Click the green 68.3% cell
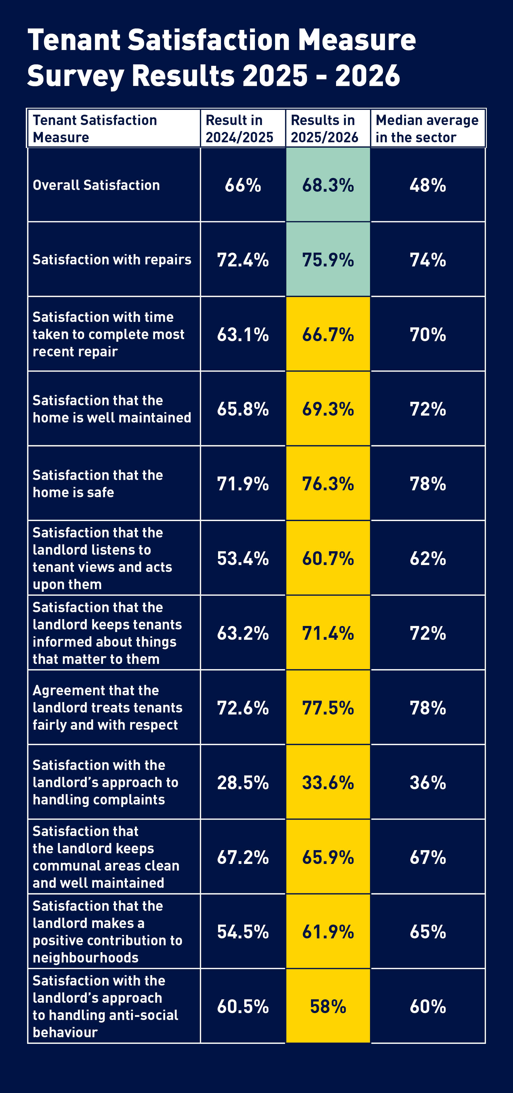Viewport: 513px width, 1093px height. pyautogui.click(x=328, y=185)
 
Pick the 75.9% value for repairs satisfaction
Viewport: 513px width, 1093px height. pyautogui.click(x=328, y=260)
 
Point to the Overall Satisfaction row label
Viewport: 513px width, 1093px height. pyautogui.click(x=96, y=185)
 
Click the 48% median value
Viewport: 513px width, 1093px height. pyautogui.click(x=428, y=185)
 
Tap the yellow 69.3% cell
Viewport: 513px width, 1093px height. pyautogui.click(x=328, y=409)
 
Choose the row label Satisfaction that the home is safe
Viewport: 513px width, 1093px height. pyautogui.click(x=98, y=484)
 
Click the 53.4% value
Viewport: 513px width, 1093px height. pyautogui.click(x=243, y=558)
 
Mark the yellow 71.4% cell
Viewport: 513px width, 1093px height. pyautogui.click(x=328, y=633)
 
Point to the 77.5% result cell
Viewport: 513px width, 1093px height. pyautogui.click(x=328, y=708)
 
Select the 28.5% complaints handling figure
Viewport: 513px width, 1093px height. pyautogui.click(x=243, y=782)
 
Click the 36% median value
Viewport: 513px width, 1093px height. pyautogui.click(x=428, y=782)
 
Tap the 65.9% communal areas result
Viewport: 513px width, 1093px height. pyautogui.click(x=328, y=857)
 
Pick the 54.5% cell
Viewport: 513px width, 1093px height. pyautogui.click(x=243, y=932)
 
